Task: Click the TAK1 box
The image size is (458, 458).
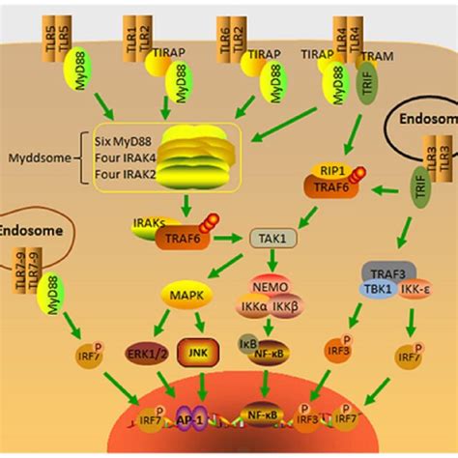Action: (270, 236)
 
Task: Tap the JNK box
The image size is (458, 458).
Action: (201, 353)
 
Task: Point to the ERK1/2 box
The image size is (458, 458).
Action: (145, 353)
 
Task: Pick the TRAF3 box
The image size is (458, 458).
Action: (383, 272)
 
